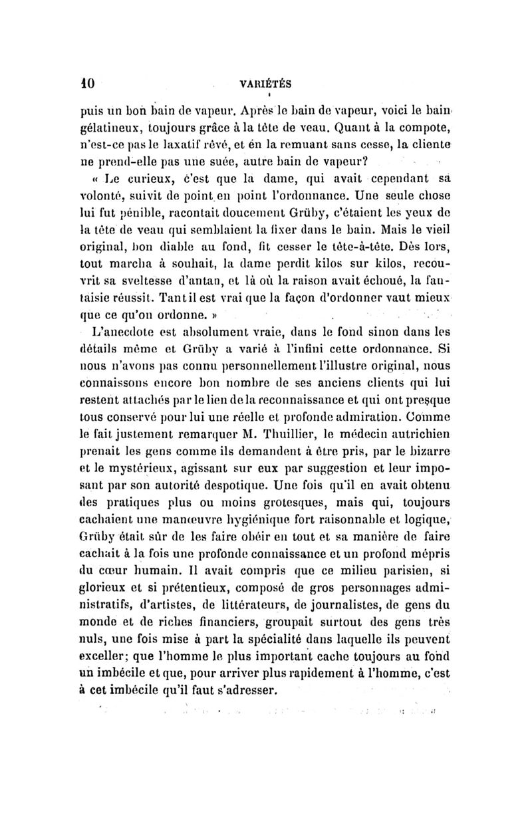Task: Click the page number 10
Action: (x=89, y=84)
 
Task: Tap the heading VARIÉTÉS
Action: (x=267, y=84)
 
